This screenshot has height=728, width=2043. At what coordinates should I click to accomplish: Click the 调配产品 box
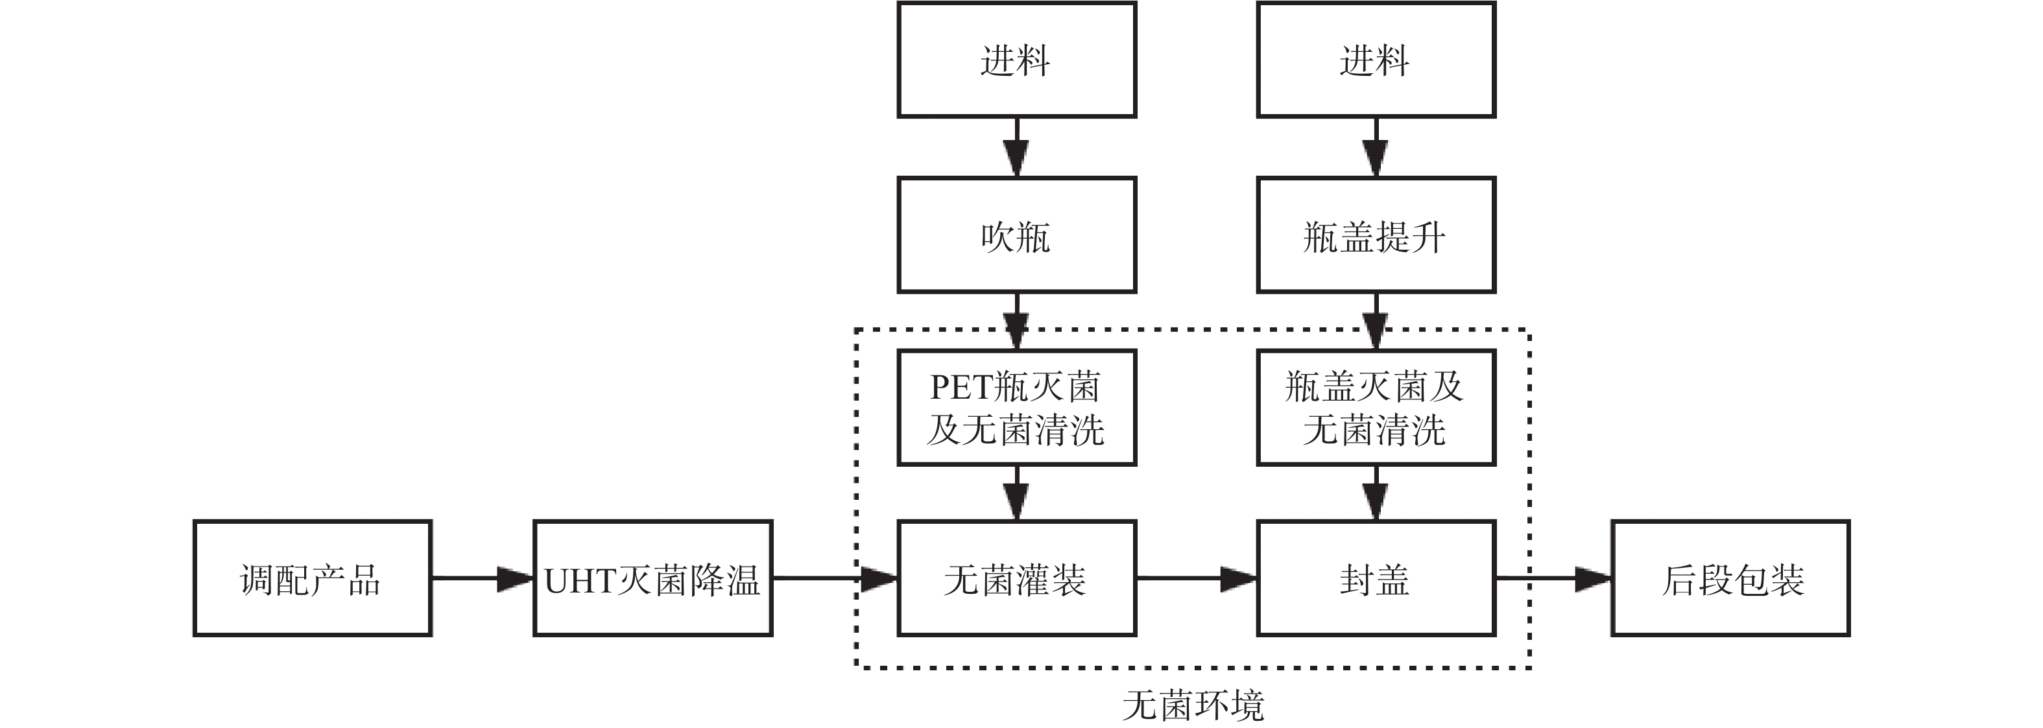[312, 578]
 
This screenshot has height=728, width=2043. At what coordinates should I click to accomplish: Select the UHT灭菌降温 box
[652, 578]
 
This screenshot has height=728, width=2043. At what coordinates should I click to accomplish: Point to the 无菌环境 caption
[1193, 704]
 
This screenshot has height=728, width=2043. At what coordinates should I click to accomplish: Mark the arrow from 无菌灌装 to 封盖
[1196, 578]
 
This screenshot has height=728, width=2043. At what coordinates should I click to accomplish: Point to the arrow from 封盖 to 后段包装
[1553, 578]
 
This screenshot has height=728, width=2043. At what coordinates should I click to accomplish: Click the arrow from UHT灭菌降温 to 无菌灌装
[834, 578]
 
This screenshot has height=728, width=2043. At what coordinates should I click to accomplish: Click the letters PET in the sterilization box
[961, 387]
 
